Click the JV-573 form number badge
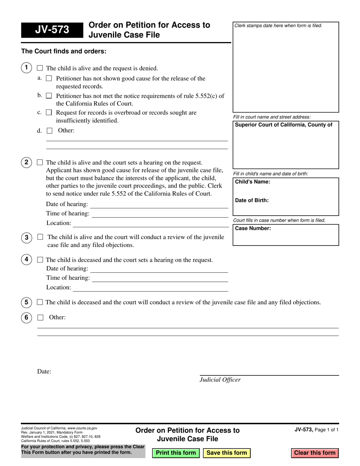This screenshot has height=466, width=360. pos(52,30)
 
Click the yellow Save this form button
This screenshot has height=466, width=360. pos(227,453)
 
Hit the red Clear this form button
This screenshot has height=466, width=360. pos(315,453)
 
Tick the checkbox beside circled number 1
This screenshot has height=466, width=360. pos(40,69)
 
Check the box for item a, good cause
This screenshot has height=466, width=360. pos(49,79)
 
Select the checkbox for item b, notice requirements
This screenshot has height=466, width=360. pos(49,96)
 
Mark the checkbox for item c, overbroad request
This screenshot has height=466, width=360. pos(49,113)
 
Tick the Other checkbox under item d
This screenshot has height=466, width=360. pos(49,131)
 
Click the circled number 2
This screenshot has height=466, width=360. pos(26,163)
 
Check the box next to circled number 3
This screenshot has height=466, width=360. pos(40,237)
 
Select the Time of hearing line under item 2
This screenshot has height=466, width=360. pos(160,214)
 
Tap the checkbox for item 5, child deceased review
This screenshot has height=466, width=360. pos(40,302)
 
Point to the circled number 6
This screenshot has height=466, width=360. pos(26,317)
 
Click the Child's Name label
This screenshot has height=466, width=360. pos(252,182)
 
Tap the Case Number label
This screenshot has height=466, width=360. pos(253,228)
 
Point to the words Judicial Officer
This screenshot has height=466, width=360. pos(220,380)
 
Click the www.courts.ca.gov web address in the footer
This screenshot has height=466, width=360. pos(82,428)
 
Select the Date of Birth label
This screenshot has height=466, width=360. pos(252,200)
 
